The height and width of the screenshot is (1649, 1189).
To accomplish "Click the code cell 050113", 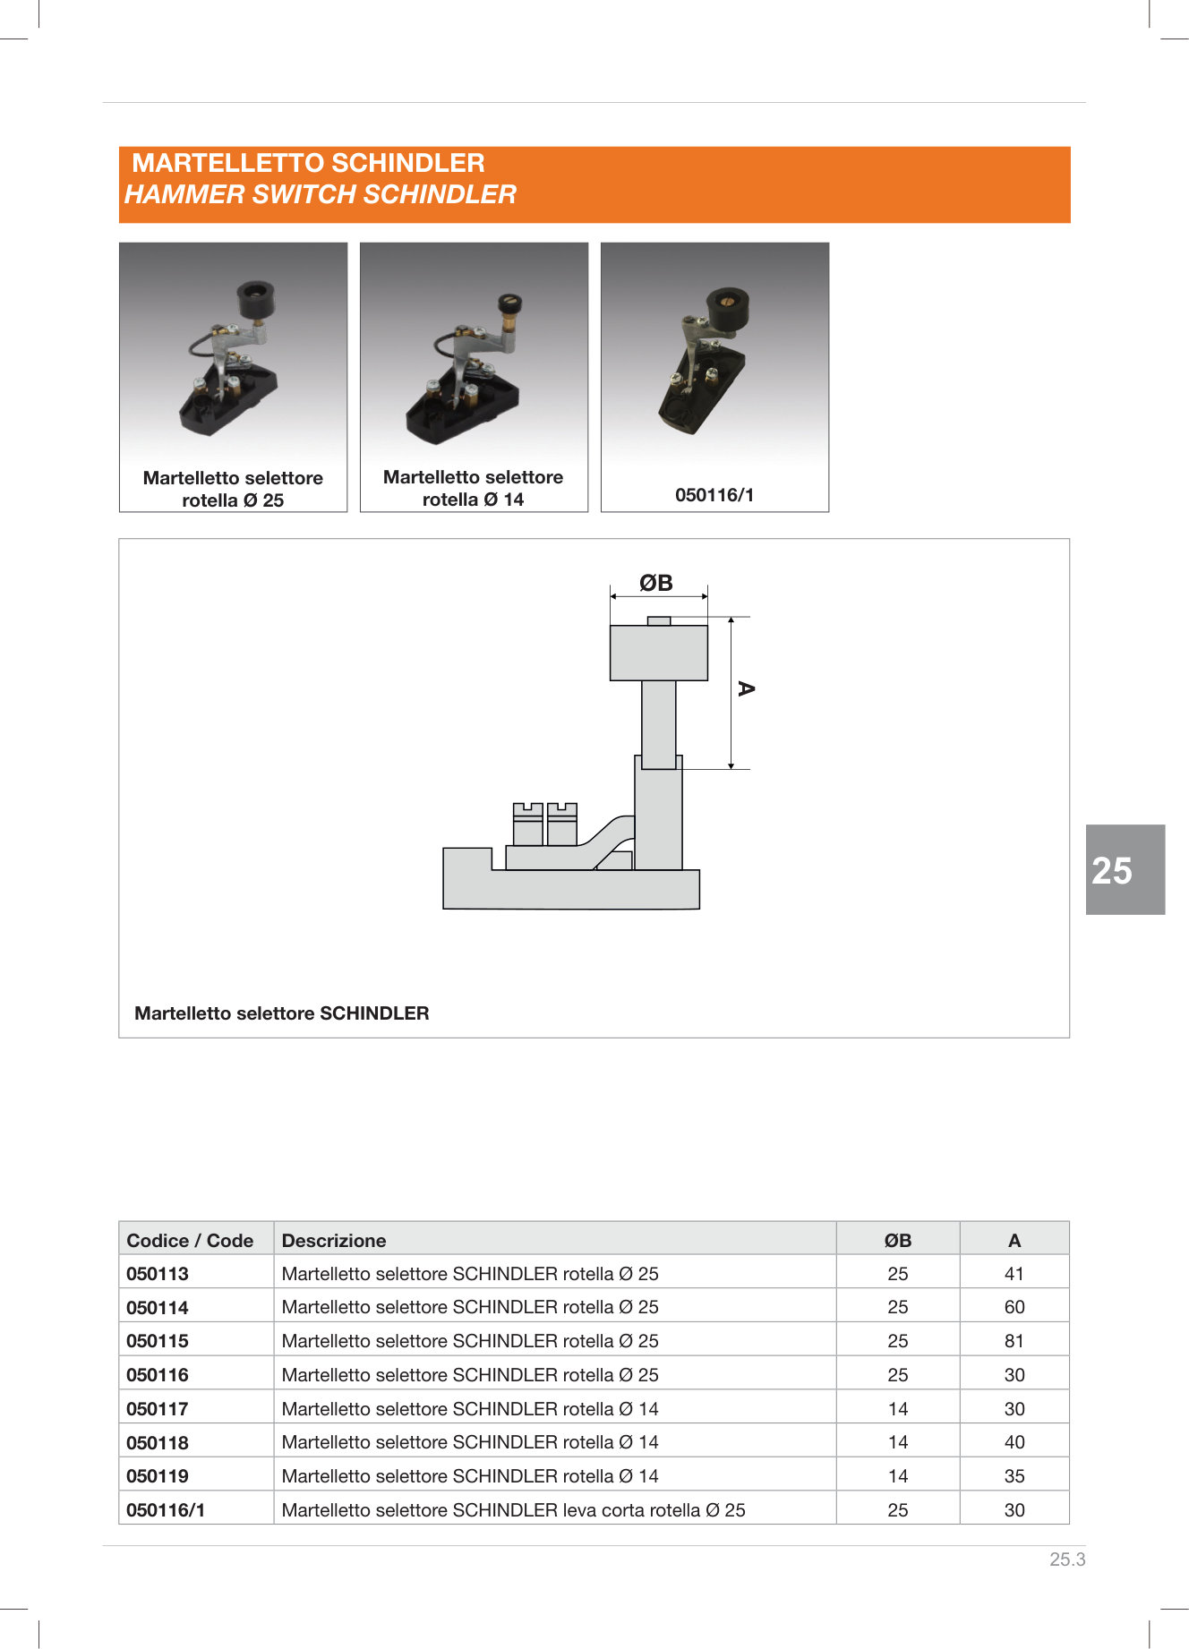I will (158, 1274).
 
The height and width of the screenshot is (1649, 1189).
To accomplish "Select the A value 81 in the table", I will (1014, 1341).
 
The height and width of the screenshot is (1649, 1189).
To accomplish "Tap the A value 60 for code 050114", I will (1014, 1307).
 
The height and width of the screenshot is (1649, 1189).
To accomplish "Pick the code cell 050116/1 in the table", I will (166, 1510).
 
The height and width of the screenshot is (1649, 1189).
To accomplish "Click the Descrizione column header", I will (334, 1241).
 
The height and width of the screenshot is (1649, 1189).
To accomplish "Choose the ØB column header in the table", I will (897, 1241).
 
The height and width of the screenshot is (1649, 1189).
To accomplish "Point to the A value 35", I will (1014, 1476).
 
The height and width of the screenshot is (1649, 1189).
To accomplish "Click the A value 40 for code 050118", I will (1014, 1442).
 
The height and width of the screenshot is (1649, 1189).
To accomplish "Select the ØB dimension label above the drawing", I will (656, 584).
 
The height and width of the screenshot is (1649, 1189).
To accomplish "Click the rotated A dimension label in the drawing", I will (745, 688).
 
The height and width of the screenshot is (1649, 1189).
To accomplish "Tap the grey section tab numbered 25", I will (1125, 870).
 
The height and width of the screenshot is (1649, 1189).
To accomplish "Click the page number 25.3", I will (1067, 1559).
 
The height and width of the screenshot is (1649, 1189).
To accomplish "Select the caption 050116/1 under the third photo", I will (714, 495).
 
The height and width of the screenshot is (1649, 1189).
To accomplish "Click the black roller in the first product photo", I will (256, 298).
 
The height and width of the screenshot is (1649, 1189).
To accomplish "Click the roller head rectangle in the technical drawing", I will (658, 653).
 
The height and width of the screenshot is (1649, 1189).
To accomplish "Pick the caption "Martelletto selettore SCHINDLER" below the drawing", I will (281, 1013).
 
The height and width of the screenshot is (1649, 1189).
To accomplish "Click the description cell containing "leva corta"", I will (513, 1510).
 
